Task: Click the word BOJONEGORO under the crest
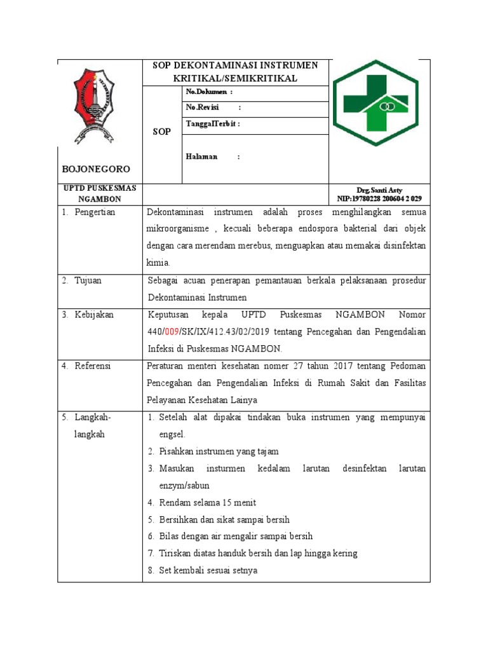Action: [96, 169]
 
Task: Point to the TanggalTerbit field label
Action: [213, 123]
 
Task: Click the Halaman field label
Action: [201, 156]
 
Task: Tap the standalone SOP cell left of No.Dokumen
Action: [162, 132]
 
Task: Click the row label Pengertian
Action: [95, 212]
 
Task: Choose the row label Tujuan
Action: [89, 280]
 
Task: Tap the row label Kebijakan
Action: [94, 315]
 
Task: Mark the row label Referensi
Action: [93, 366]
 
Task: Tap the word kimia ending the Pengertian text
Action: [158, 262]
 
